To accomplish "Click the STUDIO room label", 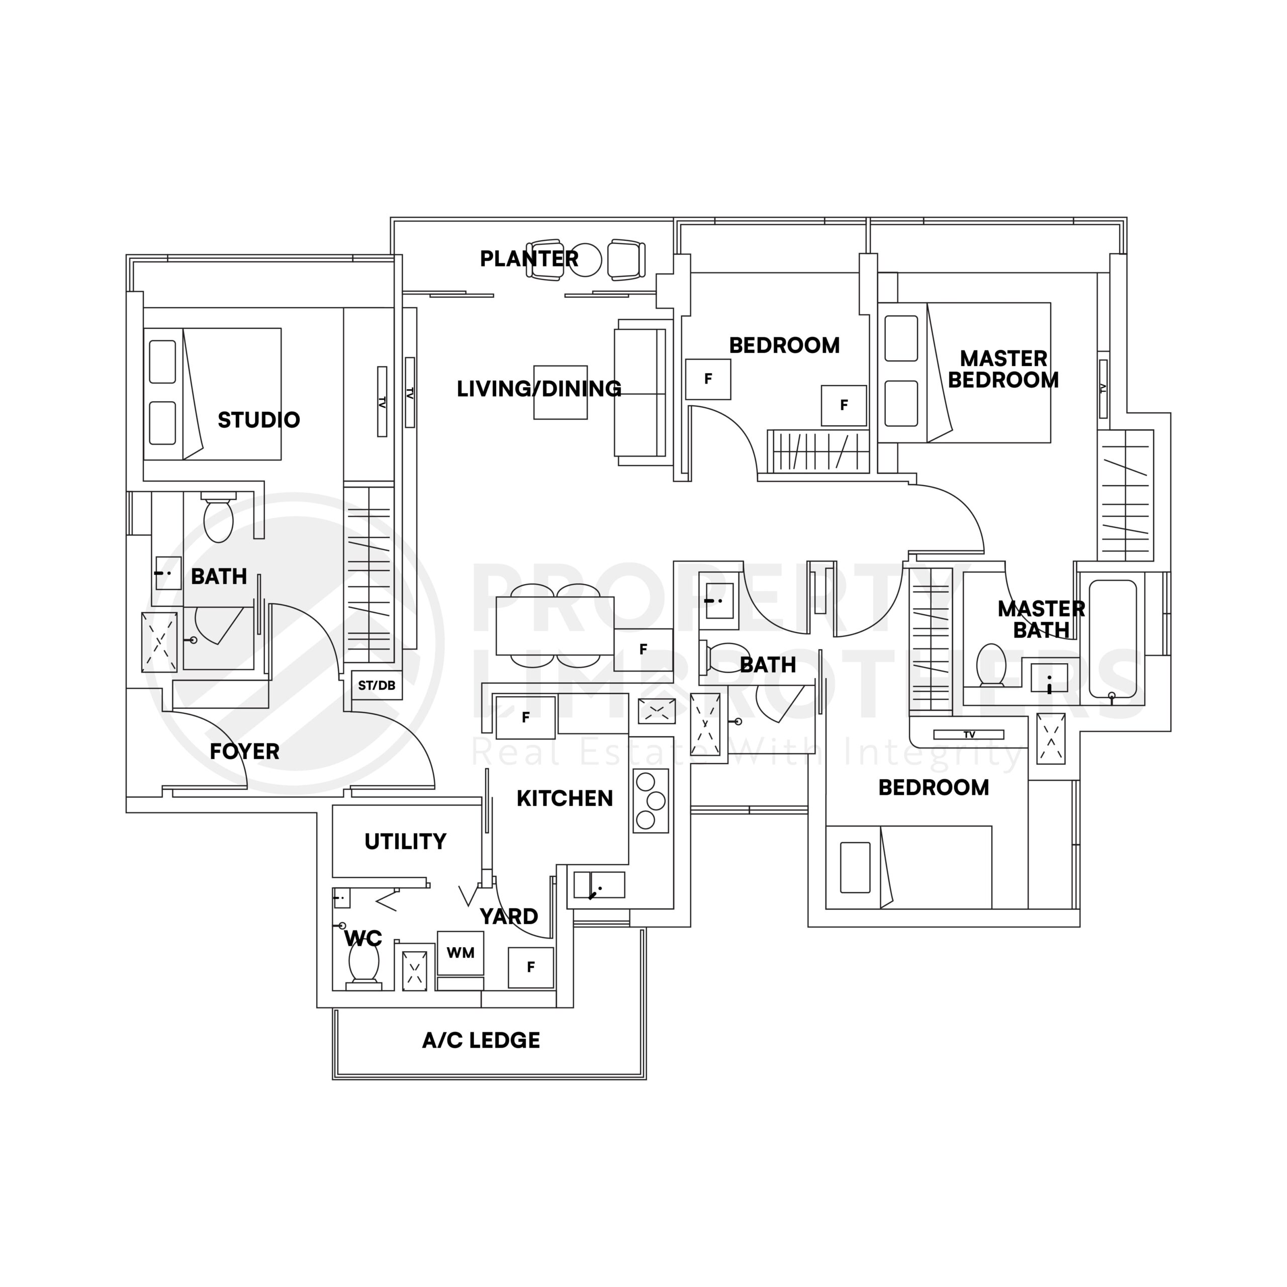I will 258,420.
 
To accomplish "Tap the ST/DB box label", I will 377,685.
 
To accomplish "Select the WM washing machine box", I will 461,953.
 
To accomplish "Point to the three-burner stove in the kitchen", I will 650,801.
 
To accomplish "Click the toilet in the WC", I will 363,963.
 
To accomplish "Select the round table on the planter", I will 585,259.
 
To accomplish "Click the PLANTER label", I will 529,258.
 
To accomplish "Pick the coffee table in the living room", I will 560,392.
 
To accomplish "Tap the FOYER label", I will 244,752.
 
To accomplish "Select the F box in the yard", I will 530,967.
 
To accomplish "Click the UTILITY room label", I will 405,842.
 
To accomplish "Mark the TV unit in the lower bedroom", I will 969,735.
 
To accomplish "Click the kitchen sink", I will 599,885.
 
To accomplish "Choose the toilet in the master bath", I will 990,664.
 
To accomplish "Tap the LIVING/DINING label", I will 538,389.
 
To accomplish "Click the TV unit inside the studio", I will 382,402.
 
